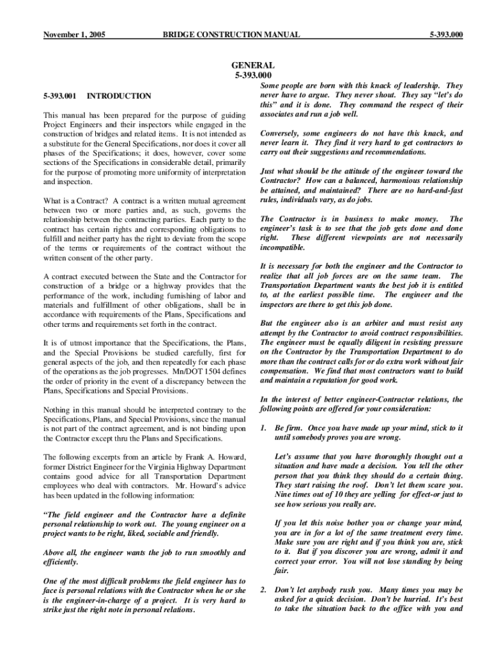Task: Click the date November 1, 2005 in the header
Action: pyautogui.click(x=74, y=34)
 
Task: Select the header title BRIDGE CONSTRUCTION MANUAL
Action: pyautogui.click(x=231, y=34)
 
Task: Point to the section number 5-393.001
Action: pyautogui.click(x=60, y=96)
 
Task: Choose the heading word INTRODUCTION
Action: pyautogui.click(x=119, y=96)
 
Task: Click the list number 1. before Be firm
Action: pyautogui.click(x=263, y=427)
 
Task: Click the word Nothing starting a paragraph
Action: pyautogui.click(x=57, y=410)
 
